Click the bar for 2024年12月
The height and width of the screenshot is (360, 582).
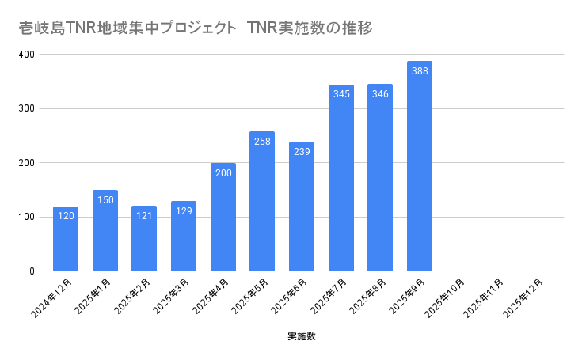point(66,239)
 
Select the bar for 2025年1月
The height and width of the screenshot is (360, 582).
point(105,231)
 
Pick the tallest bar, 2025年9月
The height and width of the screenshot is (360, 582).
point(420,166)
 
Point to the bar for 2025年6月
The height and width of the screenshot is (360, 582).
point(302,207)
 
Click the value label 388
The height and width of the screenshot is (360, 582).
point(420,71)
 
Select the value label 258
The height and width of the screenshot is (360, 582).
point(262,142)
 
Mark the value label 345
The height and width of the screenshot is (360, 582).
point(341,94)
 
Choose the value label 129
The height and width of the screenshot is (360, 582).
point(184,211)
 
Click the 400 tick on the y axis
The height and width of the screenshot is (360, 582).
point(27,55)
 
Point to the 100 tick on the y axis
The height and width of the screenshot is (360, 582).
point(27,217)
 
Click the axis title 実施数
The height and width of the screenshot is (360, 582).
point(302,336)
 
